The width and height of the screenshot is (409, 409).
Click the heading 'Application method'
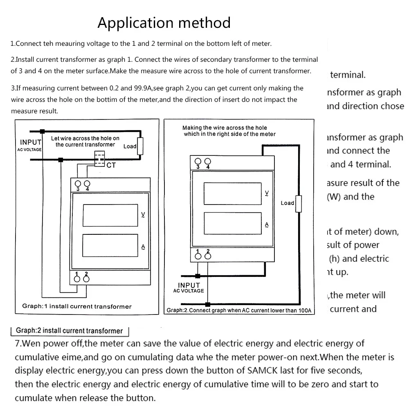coord(164,22)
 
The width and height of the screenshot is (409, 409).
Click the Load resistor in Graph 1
coord(140,146)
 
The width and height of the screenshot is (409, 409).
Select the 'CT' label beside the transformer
coord(111,165)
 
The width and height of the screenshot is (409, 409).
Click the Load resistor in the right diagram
coord(299,204)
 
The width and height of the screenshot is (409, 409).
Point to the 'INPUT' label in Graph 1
coord(31,142)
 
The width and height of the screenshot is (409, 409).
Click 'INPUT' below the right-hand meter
coord(189,285)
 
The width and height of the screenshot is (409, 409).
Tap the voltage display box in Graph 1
coord(110,215)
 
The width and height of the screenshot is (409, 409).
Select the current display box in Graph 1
coord(110,245)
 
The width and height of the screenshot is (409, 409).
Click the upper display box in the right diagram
coord(232,193)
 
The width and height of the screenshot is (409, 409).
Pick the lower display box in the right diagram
coord(232,223)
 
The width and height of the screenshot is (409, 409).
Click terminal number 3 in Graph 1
coord(76,189)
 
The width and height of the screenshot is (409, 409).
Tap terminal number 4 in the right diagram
coord(208,167)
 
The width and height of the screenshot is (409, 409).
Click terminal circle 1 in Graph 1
coord(77,279)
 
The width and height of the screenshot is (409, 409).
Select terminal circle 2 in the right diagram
coord(208,256)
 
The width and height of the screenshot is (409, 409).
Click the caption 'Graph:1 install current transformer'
coord(77,306)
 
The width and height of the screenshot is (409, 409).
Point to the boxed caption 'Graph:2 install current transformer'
coord(69,330)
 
